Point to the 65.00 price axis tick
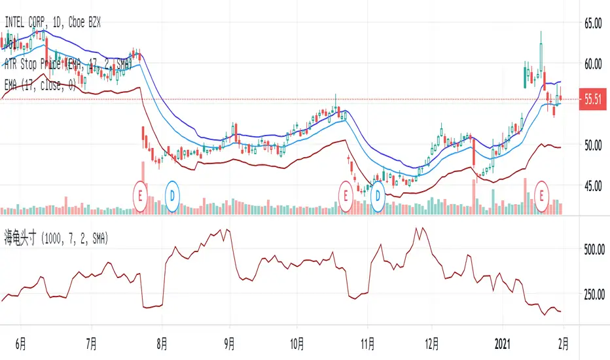pos(592,23)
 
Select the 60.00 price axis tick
pos(592,63)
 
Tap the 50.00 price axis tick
pos(592,145)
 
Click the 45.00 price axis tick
pos(592,185)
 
